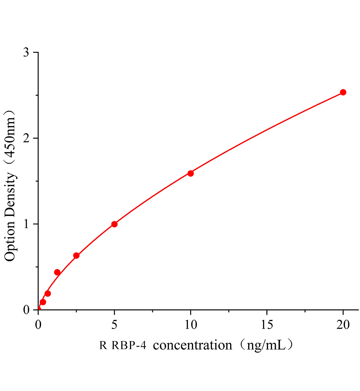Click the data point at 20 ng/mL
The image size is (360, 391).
pos(343,92)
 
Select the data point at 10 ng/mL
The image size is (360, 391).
pos(191,173)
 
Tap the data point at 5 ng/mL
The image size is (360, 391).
pos(114,224)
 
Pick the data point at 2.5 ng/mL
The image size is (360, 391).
pos(76,255)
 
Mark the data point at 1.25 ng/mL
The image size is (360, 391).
pos(57,272)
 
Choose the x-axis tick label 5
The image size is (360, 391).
pos(114,325)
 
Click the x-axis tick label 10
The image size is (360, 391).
pos(191,325)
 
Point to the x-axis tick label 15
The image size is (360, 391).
pos(267,325)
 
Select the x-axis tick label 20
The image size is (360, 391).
pos(343,325)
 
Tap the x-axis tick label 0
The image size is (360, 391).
pos(38,325)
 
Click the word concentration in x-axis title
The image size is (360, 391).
pos(192,345)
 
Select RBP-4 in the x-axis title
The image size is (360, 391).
pos(129,345)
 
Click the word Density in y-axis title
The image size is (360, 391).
pos(10,194)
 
